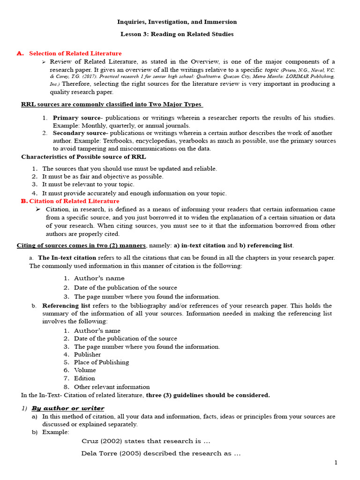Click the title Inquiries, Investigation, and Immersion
click(x=177, y=22)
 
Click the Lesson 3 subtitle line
click(x=177, y=34)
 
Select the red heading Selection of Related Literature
click(x=75, y=53)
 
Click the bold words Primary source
click(x=76, y=118)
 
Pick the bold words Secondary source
click(x=80, y=133)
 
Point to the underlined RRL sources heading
click(x=112, y=105)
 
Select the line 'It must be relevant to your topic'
click(x=88, y=185)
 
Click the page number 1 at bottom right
click(x=336, y=463)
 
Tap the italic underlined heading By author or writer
click(x=68, y=408)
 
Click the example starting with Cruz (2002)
click(x=146, y=441)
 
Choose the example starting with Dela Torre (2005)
click(x=161, y=453)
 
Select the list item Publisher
click(x=87, y=354)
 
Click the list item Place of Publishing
click(x=101, y=362)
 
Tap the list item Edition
click(x=84, y=378)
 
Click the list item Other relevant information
click(x=112, y=387)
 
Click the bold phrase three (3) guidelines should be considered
click(x=208, y=395)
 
